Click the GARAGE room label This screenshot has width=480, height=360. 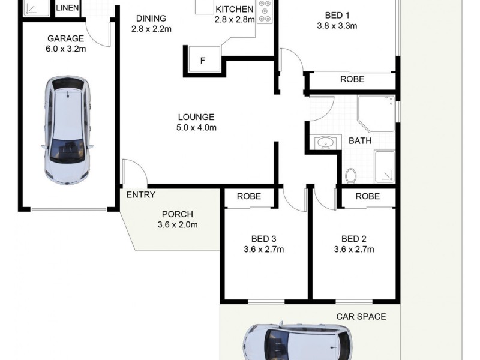[x=65, y=39]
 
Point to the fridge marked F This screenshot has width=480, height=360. [x=202, y=60]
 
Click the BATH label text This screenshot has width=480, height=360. [x=360, y=141]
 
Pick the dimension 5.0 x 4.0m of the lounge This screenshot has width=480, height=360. [x=196, y=127]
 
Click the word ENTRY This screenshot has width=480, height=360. [x=141, y=194]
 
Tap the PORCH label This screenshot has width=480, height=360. [x=178, y=214]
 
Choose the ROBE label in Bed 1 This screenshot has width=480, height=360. [x=352, y=79]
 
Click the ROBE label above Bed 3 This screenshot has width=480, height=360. [x=248, y=196]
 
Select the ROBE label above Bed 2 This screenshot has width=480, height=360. [x=367, y=196]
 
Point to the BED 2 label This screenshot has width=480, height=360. [x=353, y=238]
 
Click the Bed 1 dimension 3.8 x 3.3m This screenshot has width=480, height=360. [x=337, y=26]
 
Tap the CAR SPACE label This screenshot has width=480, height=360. [x=361, y=316]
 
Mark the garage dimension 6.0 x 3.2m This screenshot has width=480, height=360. [x=65, y=49]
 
